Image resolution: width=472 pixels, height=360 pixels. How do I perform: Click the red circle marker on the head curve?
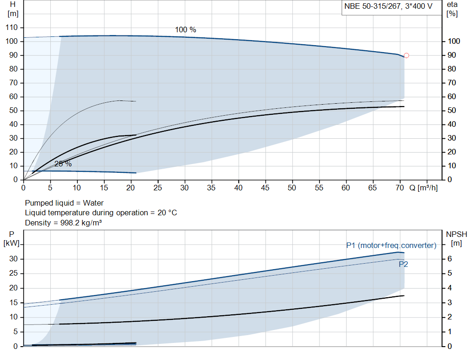tap(407, 55)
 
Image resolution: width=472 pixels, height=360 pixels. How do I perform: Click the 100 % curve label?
tap(185, 30)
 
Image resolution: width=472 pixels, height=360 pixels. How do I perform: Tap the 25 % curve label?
tap(63, 164)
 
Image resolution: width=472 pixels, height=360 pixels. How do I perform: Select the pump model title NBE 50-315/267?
tap(372, 6)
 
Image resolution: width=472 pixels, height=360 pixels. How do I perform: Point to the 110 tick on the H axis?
tap(12, 27)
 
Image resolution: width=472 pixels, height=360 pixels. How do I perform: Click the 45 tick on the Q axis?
tap(265, 188)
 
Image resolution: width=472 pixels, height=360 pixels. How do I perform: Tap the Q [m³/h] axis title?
tap(423, 188)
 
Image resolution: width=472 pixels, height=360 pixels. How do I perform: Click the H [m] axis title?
tap(12, 9)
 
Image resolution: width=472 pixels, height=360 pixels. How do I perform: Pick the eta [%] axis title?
tap(452, 9)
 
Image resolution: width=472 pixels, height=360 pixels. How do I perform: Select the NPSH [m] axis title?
tap(456, 239)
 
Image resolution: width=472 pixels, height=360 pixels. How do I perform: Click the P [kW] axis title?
tap(12, 239)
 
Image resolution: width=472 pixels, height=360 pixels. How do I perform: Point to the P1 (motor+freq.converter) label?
tap(391, 246)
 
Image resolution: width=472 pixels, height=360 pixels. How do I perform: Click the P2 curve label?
tap(403, 264)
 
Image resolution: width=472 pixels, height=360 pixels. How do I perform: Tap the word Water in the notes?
tap(93, 203)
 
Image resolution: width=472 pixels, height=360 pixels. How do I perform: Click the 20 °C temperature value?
tap(167, 213)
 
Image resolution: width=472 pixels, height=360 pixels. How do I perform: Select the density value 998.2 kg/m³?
tap(81, 223)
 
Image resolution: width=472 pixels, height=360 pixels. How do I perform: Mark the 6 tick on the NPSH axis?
tap(449, 259)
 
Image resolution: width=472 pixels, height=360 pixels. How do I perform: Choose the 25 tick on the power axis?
tap(13, 273)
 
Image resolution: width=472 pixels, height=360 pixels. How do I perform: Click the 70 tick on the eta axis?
tap(452, 83)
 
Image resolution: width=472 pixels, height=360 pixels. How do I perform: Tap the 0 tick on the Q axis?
tap(24, 188)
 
